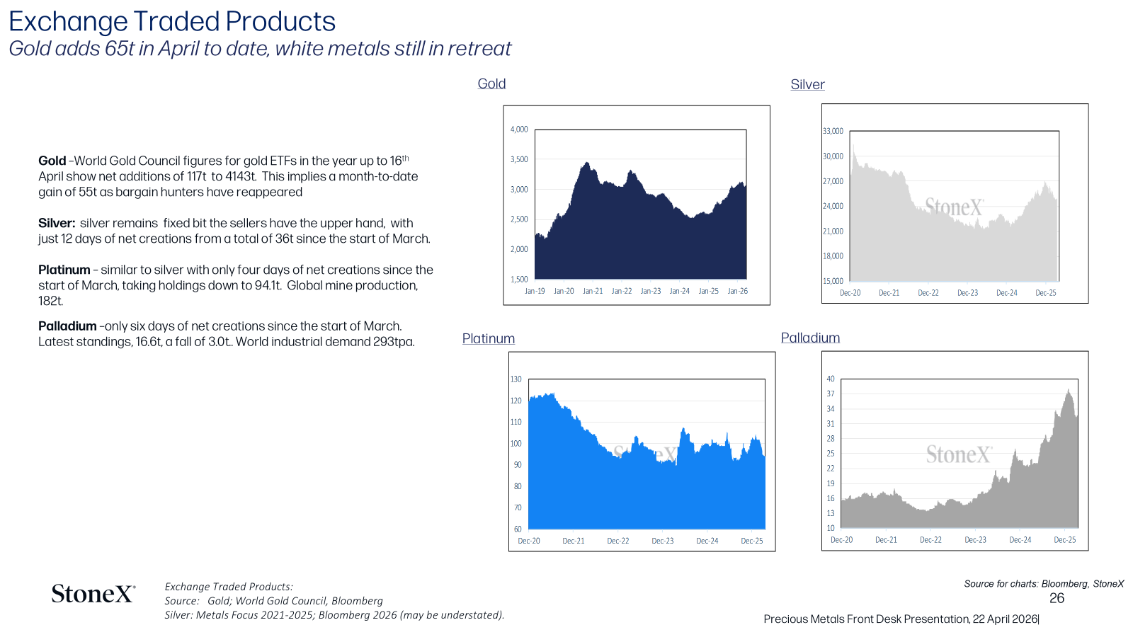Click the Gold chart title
coord(491,84)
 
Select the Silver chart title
coord(807,84)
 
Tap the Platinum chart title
coord(488,338)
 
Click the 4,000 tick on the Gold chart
coord(519,130)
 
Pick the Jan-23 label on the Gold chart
coord(651,291)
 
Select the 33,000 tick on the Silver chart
coord(833,131)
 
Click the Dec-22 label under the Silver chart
coord(928,293)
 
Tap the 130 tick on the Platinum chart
coord(516,379)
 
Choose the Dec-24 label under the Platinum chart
coord(707,541)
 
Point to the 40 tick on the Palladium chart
coord(831,379)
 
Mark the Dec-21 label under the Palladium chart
coord(886,540)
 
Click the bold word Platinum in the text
coord(64,270)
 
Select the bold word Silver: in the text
coord(57,223)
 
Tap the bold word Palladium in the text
coord(67,326)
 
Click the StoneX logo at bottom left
coord(93,594)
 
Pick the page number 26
coord(1057,598)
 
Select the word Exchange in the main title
coord(68,22)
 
